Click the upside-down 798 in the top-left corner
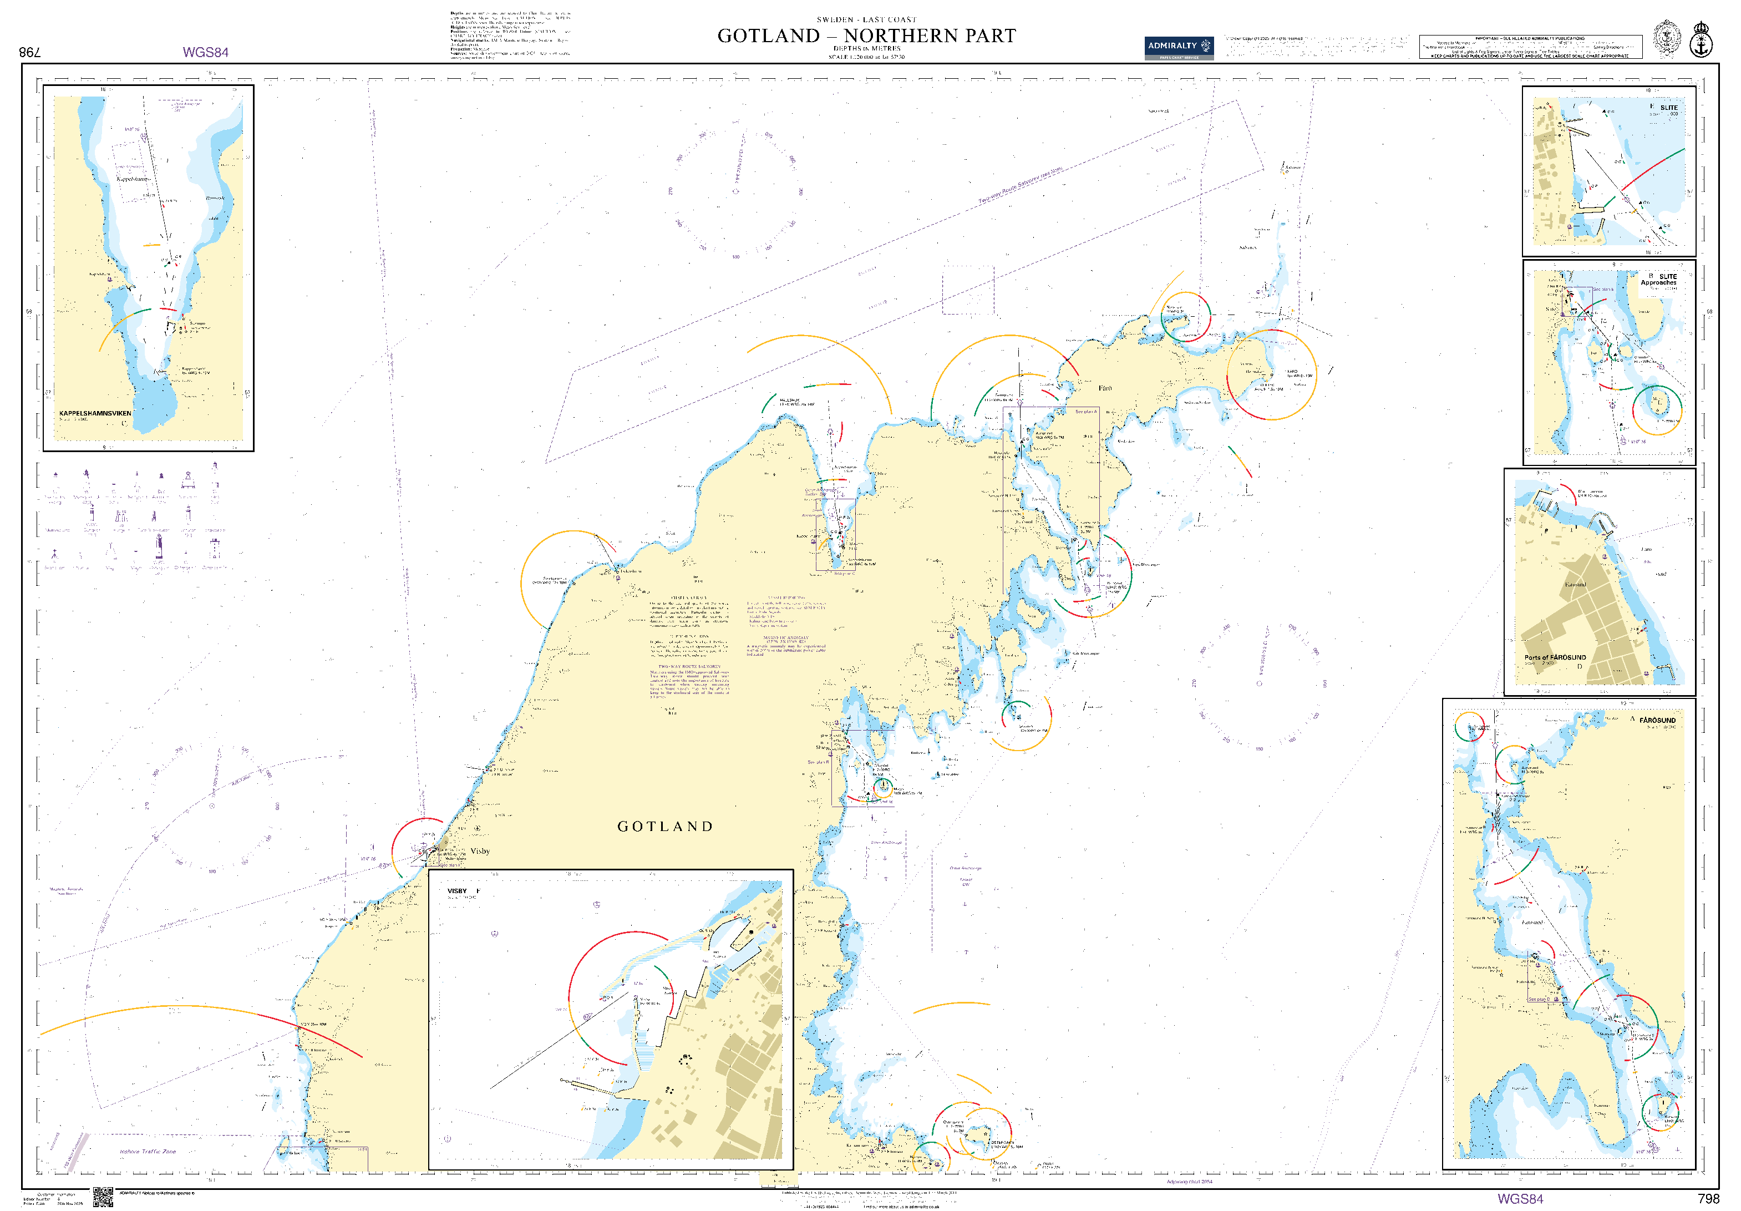(29, 52)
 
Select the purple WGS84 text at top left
(206, 52)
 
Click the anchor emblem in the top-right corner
(1702, 40)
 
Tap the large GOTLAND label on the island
(665, 827)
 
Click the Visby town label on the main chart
(480, 851)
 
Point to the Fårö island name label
(1105, 388)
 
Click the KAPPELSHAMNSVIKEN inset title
(95, 413)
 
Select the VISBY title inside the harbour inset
(457, 891)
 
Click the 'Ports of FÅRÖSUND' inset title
(1555, 657)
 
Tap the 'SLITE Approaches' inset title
(1658, 280)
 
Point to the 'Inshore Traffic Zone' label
(148, 1152)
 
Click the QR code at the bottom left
(103, 1197)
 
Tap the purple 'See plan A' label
(1085, 412)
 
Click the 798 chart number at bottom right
(1708, 1199)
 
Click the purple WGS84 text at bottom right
(1520, 1199)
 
